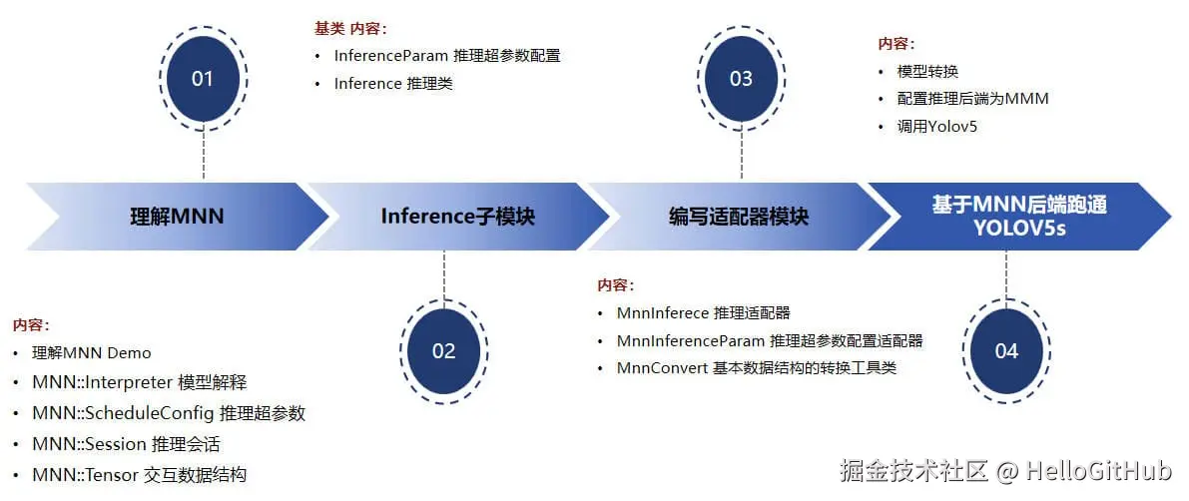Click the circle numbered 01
click(203, 78)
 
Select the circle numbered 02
click(443, 351)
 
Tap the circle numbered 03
click(741, 78)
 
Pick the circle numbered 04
click(1006, 351)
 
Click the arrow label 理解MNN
click(178, 217)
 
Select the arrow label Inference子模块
click(458, 217)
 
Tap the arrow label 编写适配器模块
click(739, 217)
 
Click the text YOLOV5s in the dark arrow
click(1020, 228)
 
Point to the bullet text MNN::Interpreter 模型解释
click(140, 383)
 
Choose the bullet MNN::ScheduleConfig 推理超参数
click(169, 414)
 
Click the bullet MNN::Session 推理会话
click(127, 444)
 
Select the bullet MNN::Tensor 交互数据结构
click(140, 475)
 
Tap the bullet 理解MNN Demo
click(92, 352)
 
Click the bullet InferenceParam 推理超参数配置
click(447, 55)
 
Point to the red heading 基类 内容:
click(351, 29)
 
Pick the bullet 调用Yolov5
click(937, 126)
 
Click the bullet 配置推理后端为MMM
click(973, 99)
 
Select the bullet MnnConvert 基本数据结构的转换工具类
click(757, 368)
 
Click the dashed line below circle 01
click(204, 155)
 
